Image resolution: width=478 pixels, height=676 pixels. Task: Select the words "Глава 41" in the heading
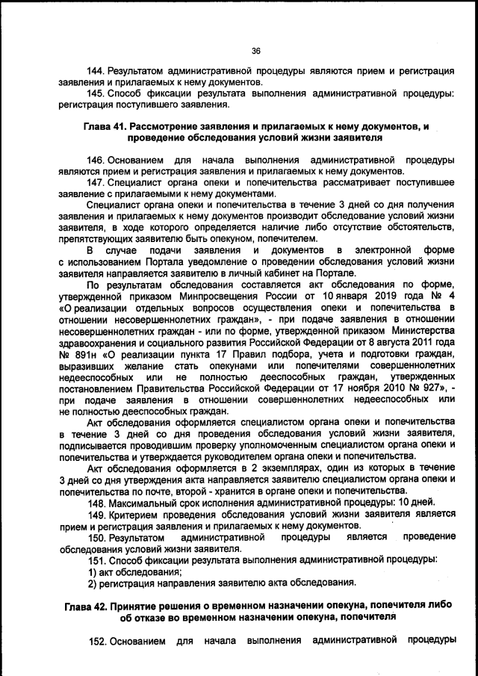104,127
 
